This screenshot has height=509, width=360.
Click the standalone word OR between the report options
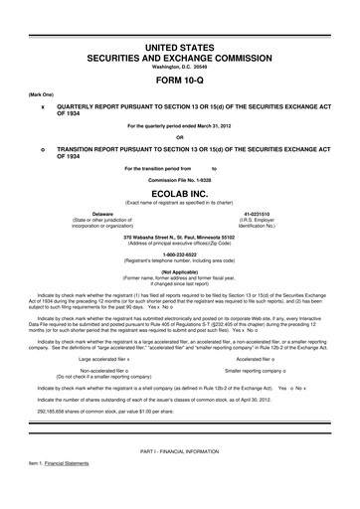coord(179,136)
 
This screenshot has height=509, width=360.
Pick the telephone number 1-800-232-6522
coord(179,254)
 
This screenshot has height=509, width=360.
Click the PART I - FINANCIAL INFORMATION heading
coord(179,481)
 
